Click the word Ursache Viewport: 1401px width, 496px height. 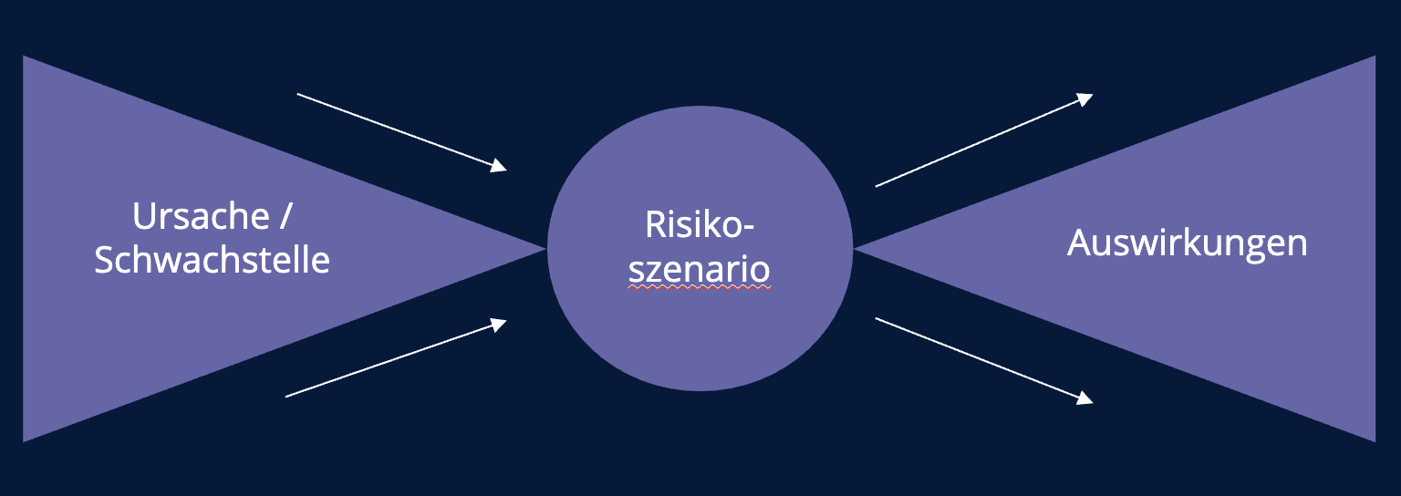point(201,217)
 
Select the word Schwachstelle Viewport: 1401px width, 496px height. point(212,261)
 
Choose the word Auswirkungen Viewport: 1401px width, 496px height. point(1187,243)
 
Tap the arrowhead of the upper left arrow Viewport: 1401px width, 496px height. point(500,167)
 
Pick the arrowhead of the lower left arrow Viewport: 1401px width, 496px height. point(500,322)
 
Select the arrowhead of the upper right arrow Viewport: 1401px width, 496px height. point(1085,98)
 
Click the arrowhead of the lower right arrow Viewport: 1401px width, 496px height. point(1085,398)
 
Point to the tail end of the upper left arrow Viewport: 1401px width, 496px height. point(298,94)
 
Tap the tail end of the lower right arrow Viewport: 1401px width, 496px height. point(877,318)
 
